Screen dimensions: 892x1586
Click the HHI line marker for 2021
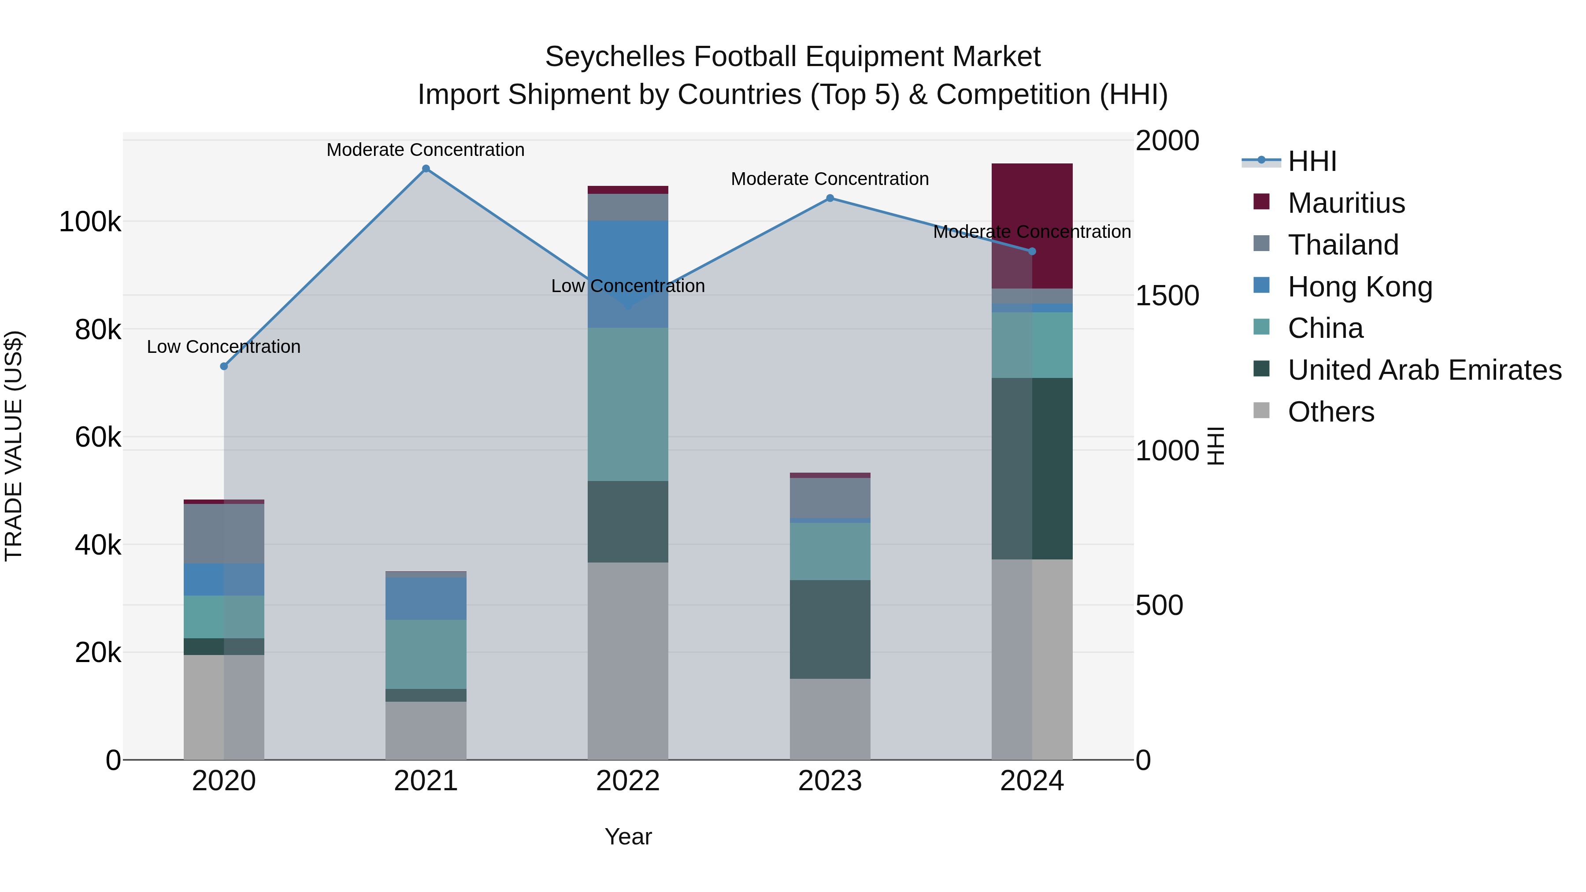coord(426,169)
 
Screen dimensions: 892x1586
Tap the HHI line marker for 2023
coord(830,198)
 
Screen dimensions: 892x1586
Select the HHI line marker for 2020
coord(224,366)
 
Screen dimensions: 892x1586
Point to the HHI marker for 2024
coord(1033,251)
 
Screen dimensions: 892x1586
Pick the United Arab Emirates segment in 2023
coord(830,629)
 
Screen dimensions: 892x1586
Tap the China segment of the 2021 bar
coord(426,654)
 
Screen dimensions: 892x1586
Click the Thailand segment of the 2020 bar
coord(224,533)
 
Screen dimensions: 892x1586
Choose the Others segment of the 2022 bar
coord(628,661)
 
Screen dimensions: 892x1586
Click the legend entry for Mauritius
coord(1346,203)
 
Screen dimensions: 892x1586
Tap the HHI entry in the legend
coord(1312,161)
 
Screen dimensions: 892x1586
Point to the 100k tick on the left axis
coord(90,222)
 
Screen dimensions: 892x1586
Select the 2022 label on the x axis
coord(628,781)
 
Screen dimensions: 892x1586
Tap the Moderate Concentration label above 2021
coord(426,150)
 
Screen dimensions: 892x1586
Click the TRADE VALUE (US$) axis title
coord(14,446)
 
